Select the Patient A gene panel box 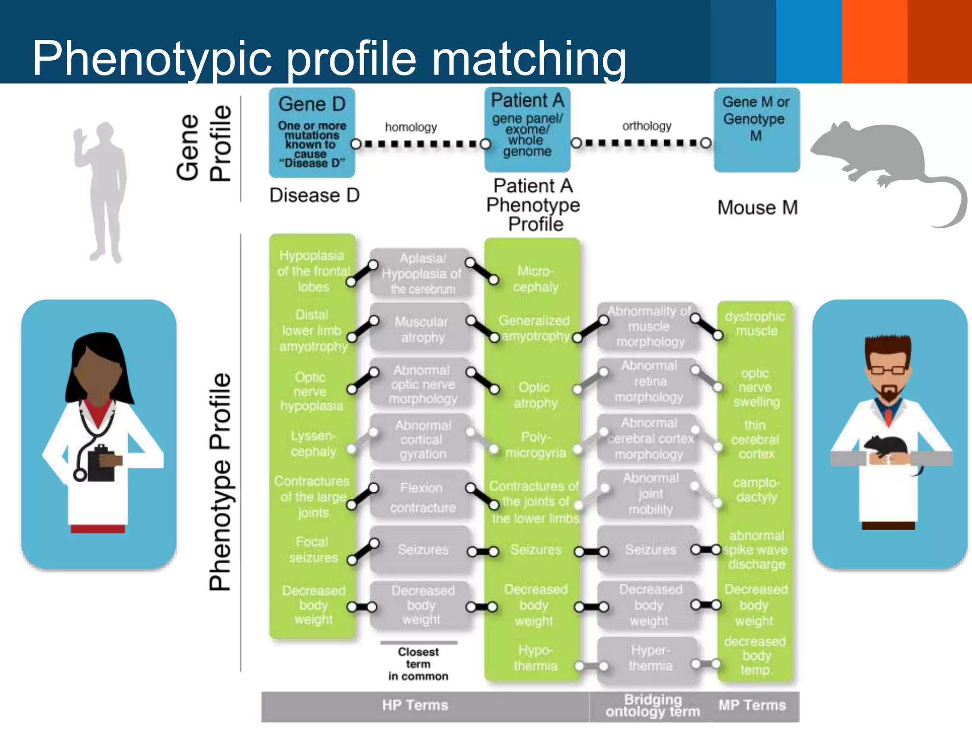[x=527, y=129]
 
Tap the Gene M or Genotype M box [x=756, y=129]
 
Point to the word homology [x=411, y=127]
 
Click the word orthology [x=646, y=126]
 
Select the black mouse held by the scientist [x=885, y=449]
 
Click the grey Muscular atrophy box [x=421, y=329]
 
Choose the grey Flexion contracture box [x=421, y=497]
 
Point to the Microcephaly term [x=535, y=279]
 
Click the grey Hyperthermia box [x=649, y=658]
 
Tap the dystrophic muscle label [x=755, y=324]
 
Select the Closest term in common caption [x=418, y=664]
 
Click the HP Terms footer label [x=415, y=705]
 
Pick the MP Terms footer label [x=752, y=705]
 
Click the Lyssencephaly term [x=313, y=444]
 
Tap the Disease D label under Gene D [x=314, y=196]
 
